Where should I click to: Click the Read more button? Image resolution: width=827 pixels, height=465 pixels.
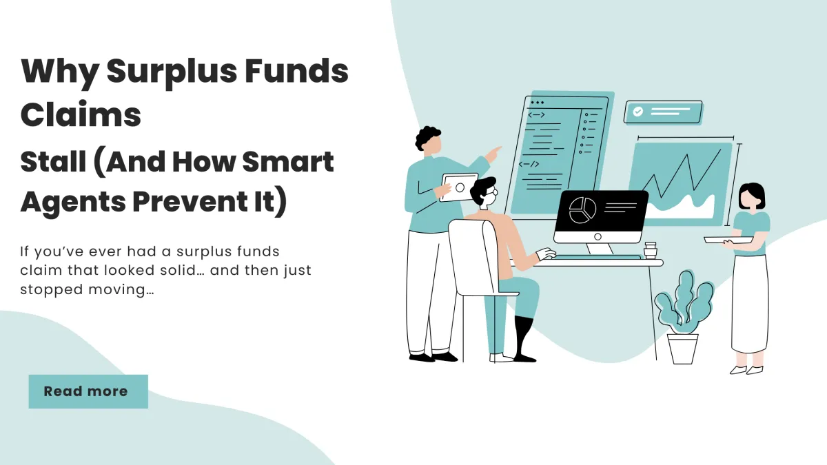(88, 391)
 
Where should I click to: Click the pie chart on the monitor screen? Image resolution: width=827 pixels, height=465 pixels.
(582, 209)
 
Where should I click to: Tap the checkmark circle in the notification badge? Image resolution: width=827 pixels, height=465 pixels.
(638, 111)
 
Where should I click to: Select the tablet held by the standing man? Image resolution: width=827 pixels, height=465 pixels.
(458, 187)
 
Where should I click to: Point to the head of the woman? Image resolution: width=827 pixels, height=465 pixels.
(751, 197)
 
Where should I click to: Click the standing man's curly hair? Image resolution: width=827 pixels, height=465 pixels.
(428, 136)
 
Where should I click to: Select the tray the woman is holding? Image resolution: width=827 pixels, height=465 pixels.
(728, 240)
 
